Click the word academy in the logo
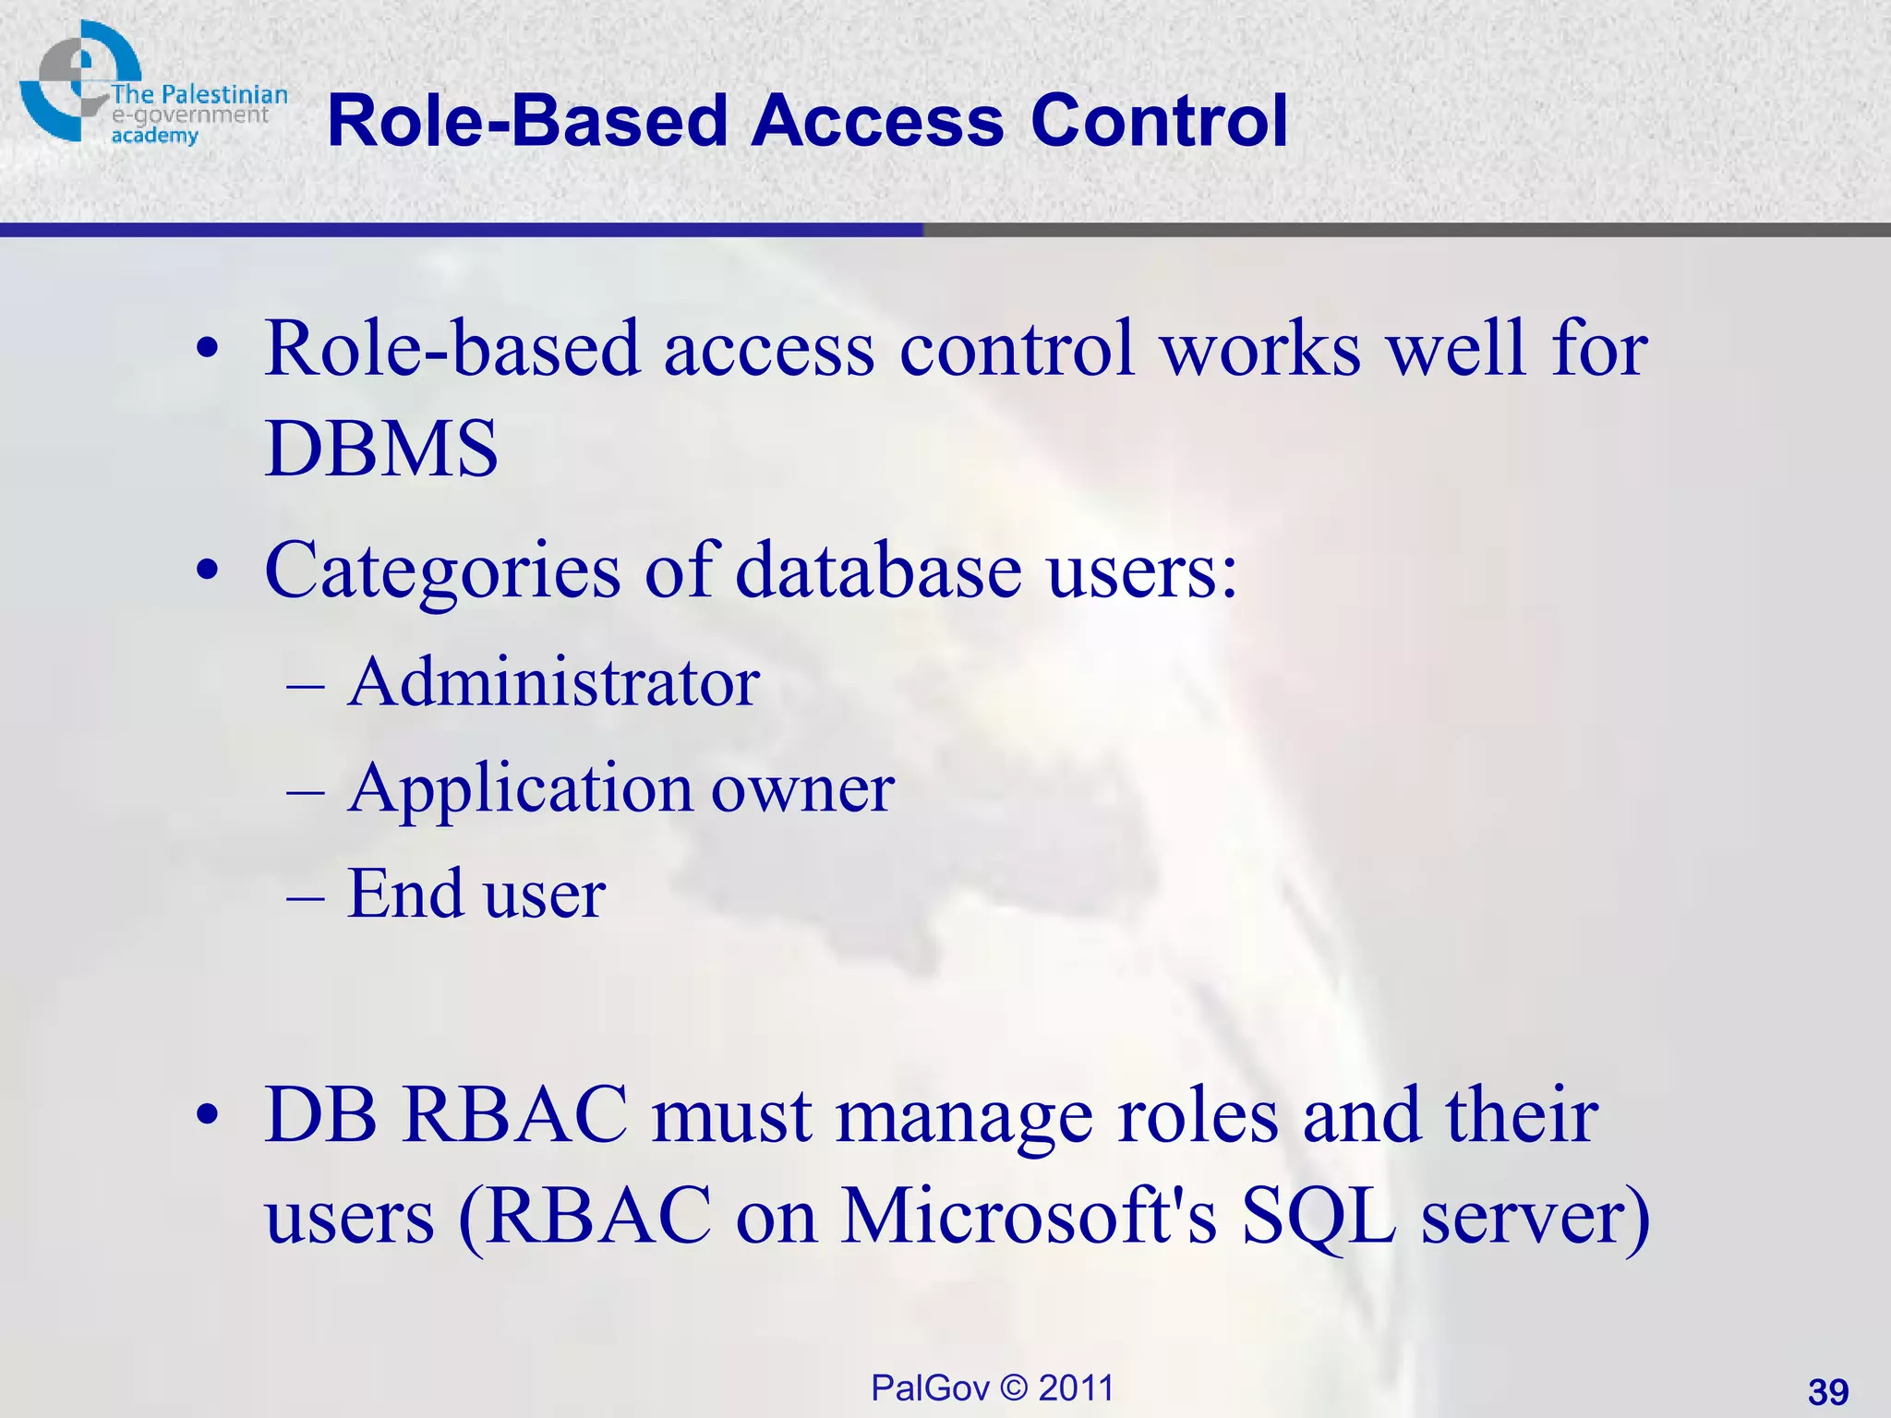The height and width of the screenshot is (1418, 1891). pos(154,137)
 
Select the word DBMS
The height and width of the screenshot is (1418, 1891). pos(381,450)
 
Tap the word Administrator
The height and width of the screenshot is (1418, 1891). pos(553,683)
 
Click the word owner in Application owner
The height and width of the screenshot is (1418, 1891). pos(801,790)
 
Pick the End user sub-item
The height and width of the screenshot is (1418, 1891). pos(476,895)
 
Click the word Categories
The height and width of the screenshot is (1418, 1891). pos(442,571)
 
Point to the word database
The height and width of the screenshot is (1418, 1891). pos(878,571)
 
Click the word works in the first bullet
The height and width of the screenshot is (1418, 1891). pos(1261,349)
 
